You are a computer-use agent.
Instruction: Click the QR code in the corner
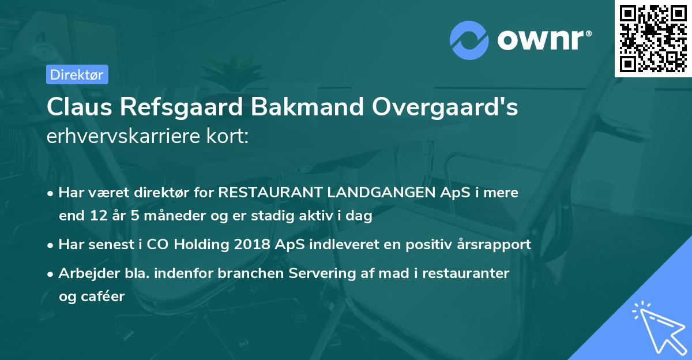pyautogui.click(x=653, y=39)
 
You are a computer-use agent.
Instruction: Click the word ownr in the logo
pyautogui.click(x=543, y=40)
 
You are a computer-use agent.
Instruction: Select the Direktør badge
pyautogui.click(x=77, y=74)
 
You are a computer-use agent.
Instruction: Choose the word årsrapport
pyautogui.click(x=492, y=244)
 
